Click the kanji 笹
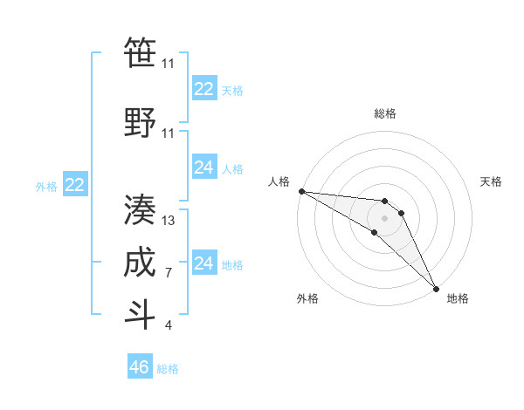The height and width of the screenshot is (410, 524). point(140,55)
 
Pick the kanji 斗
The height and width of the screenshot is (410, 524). point(140,314)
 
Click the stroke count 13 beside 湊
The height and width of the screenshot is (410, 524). point(169,221)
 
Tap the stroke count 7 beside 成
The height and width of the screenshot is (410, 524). point(169,273)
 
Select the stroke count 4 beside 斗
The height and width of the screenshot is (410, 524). point(169,325)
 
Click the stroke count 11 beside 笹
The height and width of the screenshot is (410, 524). point(169,64)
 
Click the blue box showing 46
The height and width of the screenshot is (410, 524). point(140,367)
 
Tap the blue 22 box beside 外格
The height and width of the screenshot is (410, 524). point(75,185)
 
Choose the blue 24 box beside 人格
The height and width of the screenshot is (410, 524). point(204,168)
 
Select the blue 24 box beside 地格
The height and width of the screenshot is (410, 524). point(204,263)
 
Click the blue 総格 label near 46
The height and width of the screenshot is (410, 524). point(168,369)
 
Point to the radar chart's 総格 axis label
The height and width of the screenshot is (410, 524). point(384,113)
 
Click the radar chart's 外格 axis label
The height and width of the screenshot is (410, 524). point(307,298)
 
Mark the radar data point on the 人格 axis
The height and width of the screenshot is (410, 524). point(301,191)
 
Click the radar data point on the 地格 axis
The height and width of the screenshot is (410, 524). point(435,289)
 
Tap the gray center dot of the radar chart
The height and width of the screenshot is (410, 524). point(384,217)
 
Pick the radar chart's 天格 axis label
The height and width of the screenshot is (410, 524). point(491,181)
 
